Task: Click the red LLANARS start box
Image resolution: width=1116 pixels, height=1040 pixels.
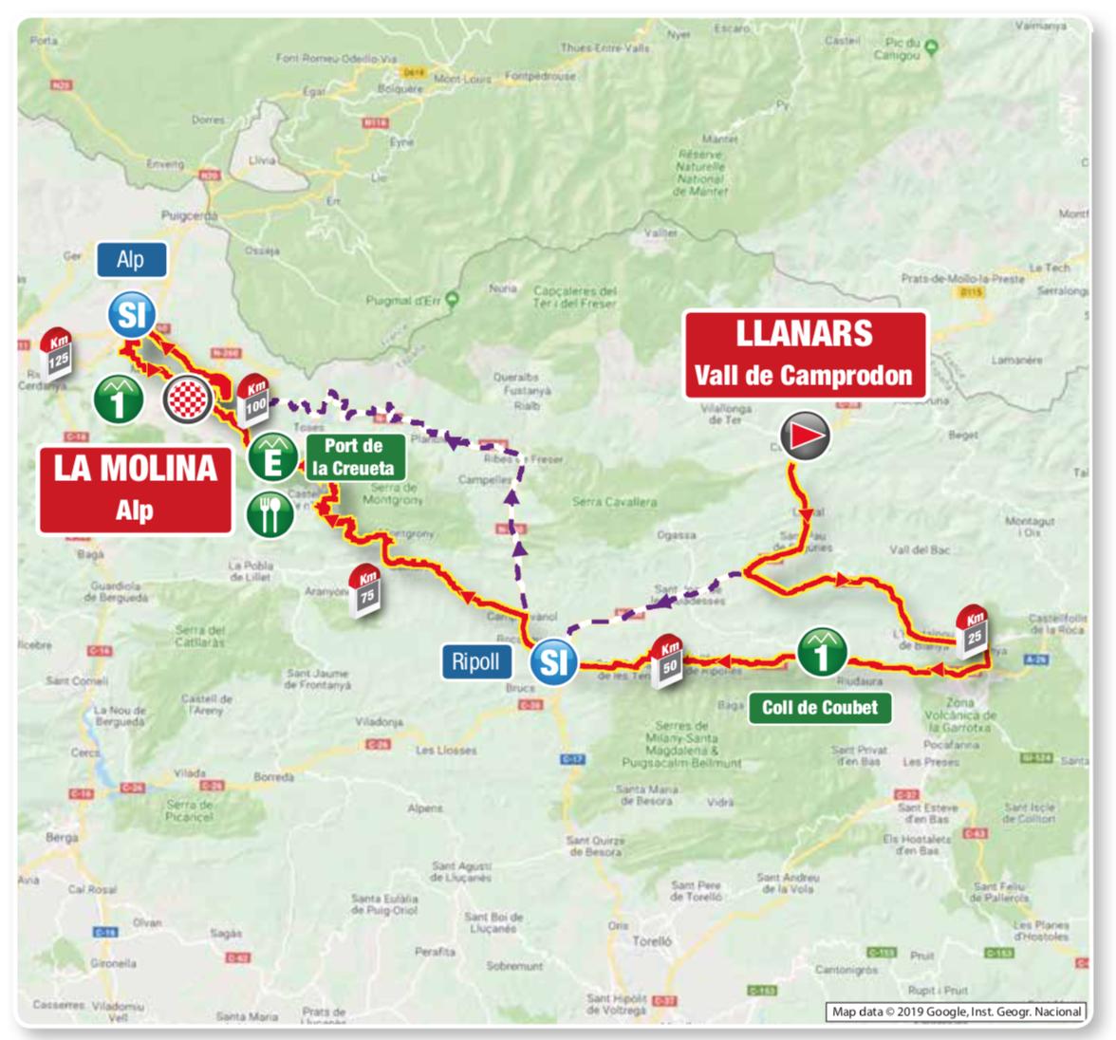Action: click(805, 354)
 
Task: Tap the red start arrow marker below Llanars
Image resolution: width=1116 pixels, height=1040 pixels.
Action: click(805, 436)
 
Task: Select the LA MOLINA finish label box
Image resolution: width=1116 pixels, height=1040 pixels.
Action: click(135, 489)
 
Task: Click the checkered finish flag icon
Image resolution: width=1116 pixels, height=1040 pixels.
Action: click(187, 399)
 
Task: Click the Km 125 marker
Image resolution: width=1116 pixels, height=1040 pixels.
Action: click(58, 352)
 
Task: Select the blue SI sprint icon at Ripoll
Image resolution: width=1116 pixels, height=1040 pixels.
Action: click(553, 660)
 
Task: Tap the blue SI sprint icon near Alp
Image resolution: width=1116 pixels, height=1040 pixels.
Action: click(131, 314)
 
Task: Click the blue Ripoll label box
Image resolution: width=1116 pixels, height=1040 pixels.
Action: click(475, 661)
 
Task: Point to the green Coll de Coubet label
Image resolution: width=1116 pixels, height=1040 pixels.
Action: click(820, 707)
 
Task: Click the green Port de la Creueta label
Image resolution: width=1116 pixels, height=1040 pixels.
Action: click(353, 457)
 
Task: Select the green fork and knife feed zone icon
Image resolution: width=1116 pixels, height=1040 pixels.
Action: click(270, 514)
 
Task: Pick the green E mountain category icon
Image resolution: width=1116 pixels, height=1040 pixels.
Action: click(271, 458)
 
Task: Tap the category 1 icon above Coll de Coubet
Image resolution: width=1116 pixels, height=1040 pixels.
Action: click(822, 653)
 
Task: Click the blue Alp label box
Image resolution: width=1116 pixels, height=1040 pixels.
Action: click(131, 260)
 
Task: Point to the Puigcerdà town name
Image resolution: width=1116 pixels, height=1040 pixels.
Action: click(189, 215)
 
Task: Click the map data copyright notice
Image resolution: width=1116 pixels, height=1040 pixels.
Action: click(956, 1012)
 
